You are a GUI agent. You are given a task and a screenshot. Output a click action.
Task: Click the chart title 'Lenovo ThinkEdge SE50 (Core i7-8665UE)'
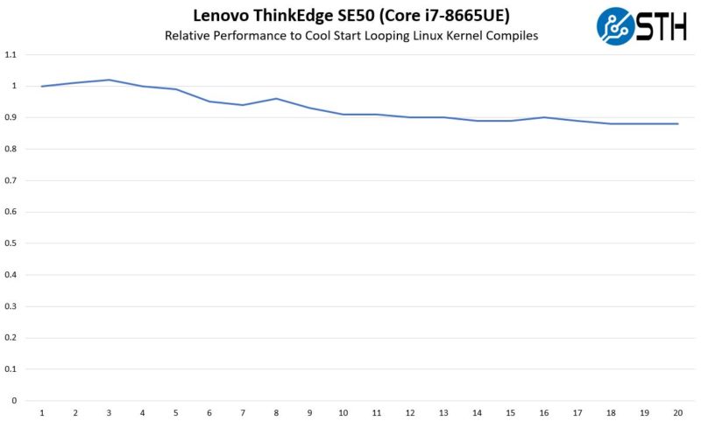click(x=350, y=16)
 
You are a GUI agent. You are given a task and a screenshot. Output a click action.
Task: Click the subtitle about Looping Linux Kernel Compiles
click(x=350, y=36)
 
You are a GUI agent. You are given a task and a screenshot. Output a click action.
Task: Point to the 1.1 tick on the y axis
click(x=11, y=54)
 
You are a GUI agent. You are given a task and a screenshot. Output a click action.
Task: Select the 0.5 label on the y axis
click(x=11, y=243)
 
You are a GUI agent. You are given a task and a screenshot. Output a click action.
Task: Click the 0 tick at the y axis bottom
click(x=14, y=401)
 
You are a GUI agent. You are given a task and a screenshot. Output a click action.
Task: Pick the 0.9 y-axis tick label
click(x=11, y=117)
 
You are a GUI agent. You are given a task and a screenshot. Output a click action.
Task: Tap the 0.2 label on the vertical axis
click(x=11, y=338)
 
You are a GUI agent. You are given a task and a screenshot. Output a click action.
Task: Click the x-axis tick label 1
click(x=42, y=412)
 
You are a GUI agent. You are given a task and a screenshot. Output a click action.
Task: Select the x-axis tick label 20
click(x=677, y=412)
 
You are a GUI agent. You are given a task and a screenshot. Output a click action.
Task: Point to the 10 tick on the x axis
click(x=343, y=412)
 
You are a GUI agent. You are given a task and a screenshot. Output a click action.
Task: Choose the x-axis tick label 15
click(x=510, y=412)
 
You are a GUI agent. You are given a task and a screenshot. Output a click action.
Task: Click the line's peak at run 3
click(x=109, y=80)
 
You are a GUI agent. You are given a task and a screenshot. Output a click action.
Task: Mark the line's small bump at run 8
click(x=276, y=99)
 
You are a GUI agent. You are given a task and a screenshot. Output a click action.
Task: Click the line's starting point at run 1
click(x=42, y=86)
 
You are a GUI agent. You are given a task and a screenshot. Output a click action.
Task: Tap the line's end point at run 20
click(x=677, y=123)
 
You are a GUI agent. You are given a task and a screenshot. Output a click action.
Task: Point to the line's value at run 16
click(x=543, y=117)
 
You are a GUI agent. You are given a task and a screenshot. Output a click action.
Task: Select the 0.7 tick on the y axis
click(x=11, y=180)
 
